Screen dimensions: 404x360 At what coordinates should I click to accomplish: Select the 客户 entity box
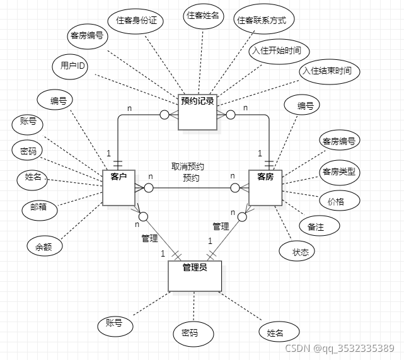pos(119,187)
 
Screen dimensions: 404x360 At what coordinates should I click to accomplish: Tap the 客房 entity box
pos(265,187)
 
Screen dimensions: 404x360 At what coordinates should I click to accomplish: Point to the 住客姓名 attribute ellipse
pos(203,15)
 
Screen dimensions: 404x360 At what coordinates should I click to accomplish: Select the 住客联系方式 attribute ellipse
pos(261,21)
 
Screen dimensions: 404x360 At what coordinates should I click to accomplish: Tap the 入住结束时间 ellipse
pos(330,72)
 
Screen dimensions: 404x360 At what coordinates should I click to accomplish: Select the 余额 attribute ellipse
pos(44,246)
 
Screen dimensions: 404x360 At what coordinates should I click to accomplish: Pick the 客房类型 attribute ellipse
pos(338,171)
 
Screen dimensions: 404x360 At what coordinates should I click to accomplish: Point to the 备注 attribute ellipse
pos(316,227)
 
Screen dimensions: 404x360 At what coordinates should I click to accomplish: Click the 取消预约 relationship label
pos(187,167)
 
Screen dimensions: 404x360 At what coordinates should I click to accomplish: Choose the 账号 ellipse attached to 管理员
pos(115,325)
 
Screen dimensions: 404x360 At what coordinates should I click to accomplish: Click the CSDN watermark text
pos(339,348)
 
